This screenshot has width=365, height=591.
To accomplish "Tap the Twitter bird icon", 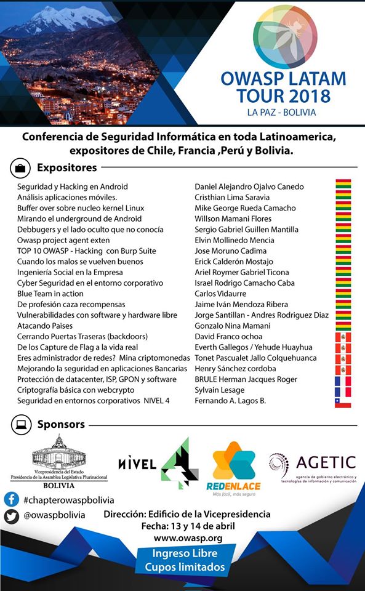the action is point(11,517).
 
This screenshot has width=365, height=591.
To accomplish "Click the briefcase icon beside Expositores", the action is point(20,167).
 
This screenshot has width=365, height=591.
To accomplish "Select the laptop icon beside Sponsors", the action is point(21,424).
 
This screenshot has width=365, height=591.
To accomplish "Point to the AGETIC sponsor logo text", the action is point(326,462).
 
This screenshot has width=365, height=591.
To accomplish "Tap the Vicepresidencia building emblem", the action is point(59,452).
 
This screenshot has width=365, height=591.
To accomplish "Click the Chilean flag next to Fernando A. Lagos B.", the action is point(342,401).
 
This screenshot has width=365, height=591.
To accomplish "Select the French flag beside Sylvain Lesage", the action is point(342,390).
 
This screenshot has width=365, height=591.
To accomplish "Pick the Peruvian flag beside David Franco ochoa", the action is point(342,337).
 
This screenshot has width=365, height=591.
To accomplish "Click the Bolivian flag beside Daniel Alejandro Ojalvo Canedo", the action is point(343,187).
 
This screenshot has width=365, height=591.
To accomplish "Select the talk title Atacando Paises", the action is point(45,326).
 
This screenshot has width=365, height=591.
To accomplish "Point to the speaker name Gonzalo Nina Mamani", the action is point(233,326).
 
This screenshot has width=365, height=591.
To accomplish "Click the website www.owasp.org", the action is point(188,538).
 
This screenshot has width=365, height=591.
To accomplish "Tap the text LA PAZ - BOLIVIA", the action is point(281,112).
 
